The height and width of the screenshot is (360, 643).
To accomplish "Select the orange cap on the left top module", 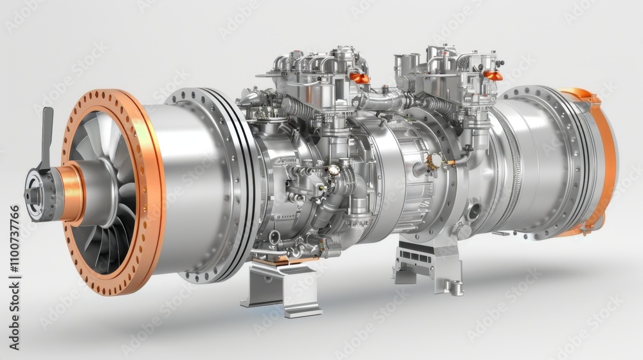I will (x=360, y=78).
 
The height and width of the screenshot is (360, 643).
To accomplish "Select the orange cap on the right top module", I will (x=493, y=75).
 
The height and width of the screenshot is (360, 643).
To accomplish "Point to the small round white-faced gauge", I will (x=334, y=170).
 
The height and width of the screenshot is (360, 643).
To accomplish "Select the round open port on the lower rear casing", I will (x=474, y=210).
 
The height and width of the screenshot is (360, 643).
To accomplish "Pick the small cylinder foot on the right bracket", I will (x=456, y=287).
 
